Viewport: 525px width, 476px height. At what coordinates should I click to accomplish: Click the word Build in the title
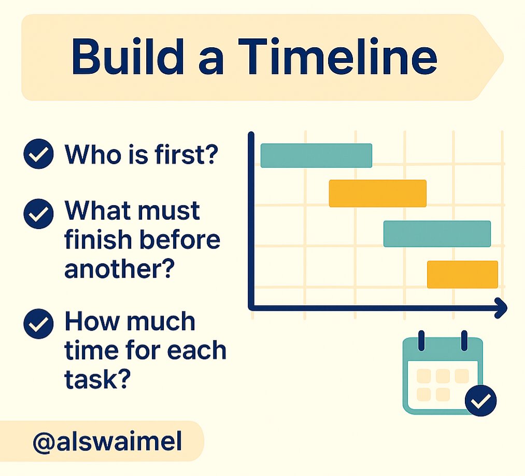coord(127,57)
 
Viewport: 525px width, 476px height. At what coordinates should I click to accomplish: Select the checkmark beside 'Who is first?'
coord(38,154)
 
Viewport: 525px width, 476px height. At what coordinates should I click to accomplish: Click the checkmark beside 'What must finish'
coord(38,214)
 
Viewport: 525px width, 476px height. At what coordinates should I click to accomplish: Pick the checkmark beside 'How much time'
coord(38,324)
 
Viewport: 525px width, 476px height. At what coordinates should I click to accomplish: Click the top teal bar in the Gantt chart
coord(317,155)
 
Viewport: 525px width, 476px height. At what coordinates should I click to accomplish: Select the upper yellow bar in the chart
coord(378,193)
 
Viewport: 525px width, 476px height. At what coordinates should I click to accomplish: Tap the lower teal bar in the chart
coord(437,234)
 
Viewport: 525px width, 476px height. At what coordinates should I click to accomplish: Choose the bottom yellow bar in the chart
coord(463,275)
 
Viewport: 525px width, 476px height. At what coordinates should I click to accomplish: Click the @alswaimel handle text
coord(107,441)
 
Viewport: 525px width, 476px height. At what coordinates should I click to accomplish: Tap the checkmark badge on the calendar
coord(481,401)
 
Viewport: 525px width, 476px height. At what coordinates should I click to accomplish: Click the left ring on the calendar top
coord(421,341)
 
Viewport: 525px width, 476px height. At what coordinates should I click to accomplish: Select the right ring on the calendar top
coord(464,341)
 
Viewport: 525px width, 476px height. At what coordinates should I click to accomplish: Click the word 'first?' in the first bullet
coord(187,154)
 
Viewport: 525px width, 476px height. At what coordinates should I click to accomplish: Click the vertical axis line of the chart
coord(251,220)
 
